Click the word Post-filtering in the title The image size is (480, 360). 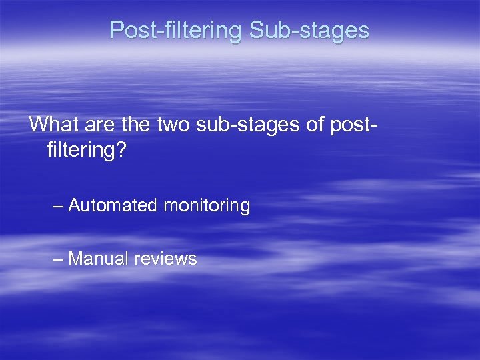176,30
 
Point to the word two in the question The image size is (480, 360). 173,124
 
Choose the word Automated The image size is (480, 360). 112,206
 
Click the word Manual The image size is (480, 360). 98,259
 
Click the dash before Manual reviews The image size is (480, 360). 59,259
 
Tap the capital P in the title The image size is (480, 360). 116,30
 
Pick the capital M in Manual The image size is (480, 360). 75,259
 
